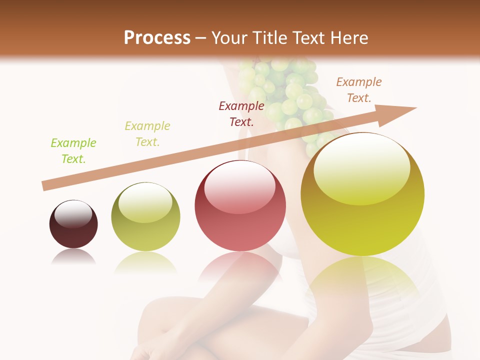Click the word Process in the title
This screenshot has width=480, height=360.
pyautogui.click(x=157, y=38)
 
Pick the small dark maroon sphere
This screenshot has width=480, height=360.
pyautogui.click(x=73, y=224)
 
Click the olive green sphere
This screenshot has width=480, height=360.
pyautogui.click(x=145, y=217)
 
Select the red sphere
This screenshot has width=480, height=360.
pyautogui.click(x=240, y=205)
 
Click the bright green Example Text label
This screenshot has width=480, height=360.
pyautogui.click(x=73, y=151)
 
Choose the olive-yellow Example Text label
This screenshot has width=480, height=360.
pyautogui.click(x=147, y=134)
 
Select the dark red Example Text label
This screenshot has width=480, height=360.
pyautogui.click(x=241, y=113)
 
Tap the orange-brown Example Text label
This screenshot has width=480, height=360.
pyautogui.click(x=359, y=90)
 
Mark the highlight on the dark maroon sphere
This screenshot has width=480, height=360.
pyautogui.click(x=73, y=213)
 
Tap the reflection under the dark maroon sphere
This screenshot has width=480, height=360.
pyautogui.click(x=73, y=257)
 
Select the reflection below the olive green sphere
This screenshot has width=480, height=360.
pyautogui.click(x=145, y=262)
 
